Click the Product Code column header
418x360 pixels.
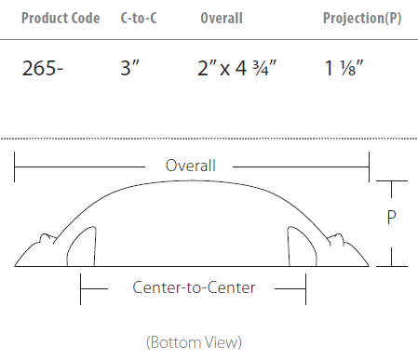click(x=61, y=18)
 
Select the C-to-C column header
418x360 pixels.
click(x=139, y=18)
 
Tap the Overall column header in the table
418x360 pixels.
click(x=222, y=18)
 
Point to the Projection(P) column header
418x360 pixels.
click(x=362, y=18)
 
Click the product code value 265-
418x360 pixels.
click(x=43, y=68)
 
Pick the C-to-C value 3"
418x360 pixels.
click(x=129, y=68)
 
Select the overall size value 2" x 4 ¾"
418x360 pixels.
click(x=236, y=68)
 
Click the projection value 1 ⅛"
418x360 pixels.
click(x=344, y=68)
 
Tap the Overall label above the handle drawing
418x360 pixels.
click(x=191, y=166)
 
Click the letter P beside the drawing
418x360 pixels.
click(x=392, y=217)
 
